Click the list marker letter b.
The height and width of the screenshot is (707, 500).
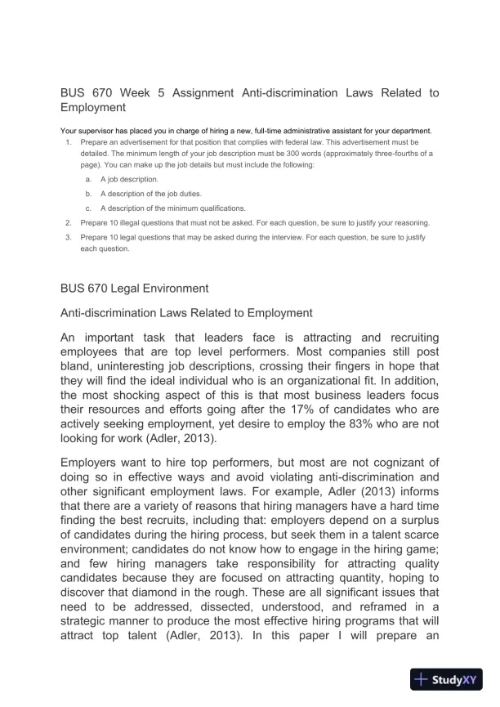(88, 193)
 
